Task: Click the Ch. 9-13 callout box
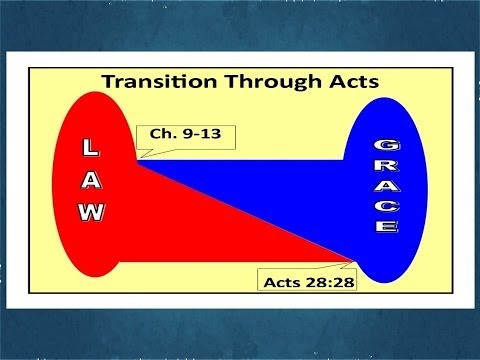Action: click(x=185, y=136)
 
